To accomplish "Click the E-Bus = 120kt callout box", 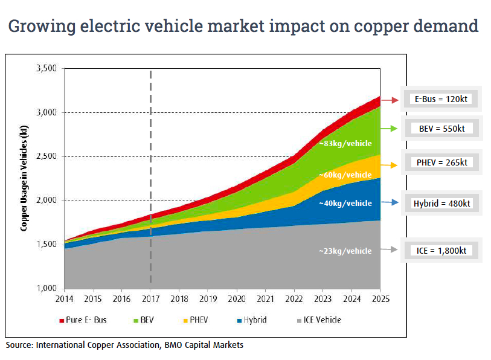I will pyautogui.click(x=438, y=100).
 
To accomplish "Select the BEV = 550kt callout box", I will pyautogui.click(x=438, y=129).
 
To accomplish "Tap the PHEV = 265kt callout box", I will pyautogui.click(x=438, y=162).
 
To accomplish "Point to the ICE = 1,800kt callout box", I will pyautogui.click(x=438, y=249).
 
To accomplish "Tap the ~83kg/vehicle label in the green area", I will pyautogui.click(x=345, y=144).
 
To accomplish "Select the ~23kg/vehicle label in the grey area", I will pyautogui.click(x=345, y=251).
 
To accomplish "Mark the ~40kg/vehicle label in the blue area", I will pyautogui.click(x=345, y=203).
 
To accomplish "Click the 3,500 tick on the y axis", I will pyautogui.click(x=47, y=69).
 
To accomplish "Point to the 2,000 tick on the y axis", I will pyautogui.click(x=47, y=201).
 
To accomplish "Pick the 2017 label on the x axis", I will pyautogui.click(x=150, y=298).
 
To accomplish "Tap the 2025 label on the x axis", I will pyautogui.click(x=380, y=298).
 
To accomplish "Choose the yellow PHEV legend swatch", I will pyautogui.click(x=188, y=320).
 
